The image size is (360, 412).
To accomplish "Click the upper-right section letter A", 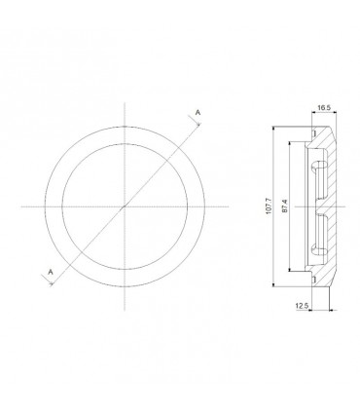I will (x=198, y=115).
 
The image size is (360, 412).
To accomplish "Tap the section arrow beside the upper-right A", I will (x=190, y=125).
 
